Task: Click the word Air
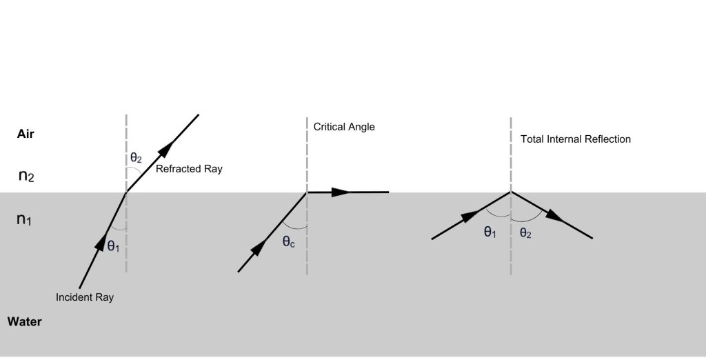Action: click(x=26, y=134)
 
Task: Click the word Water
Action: click(x=24, y=321)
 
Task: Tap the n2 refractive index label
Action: click(x=26, y=176)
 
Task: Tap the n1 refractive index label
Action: click(x=24, y=220)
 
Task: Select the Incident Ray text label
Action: click(x=85, y=297)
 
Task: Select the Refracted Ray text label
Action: click(x=189, y=169)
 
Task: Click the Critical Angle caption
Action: click(x=344, y=127)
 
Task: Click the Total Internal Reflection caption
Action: click(x=576, y=139)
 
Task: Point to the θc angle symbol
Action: click(x=289, y=242)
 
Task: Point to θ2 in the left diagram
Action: click(x=136, y=157)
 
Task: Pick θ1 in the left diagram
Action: click(x=114, y=245)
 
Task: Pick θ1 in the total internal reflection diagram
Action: click(x=490, y=232)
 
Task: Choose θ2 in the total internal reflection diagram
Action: click(x=526, y=232)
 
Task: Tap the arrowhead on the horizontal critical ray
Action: click(x=341, y=192)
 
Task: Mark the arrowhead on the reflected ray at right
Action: click(x=554, y=217)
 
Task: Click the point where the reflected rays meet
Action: click(x=511, y=192)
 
